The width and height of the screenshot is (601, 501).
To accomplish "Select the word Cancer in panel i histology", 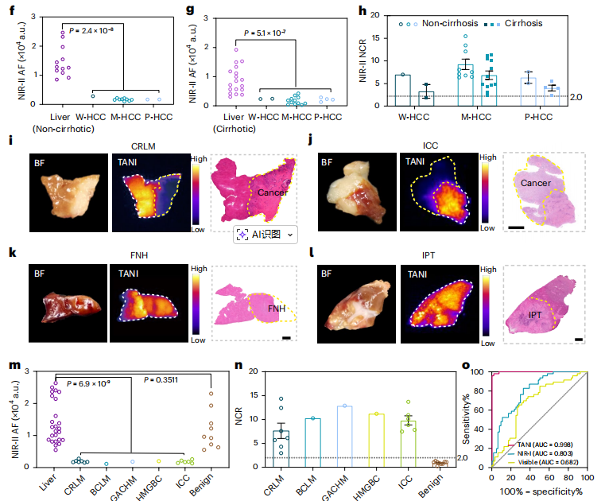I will point(274,192).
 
